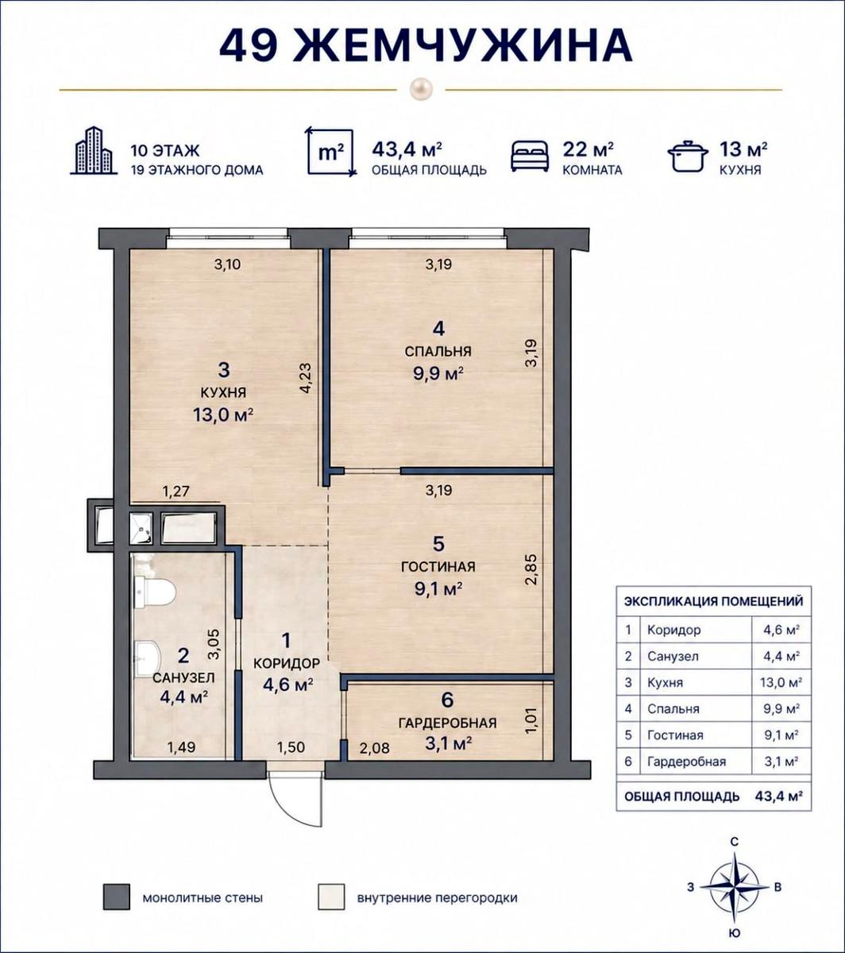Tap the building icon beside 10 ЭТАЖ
(x=94, y=151)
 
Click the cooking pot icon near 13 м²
(x=688, y=156)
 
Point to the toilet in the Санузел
(x=156, y=591)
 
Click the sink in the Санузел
(x=149, y=658)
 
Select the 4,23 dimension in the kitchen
(x=305, y=378)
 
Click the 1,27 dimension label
(x=176, y=492)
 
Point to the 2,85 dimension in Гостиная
(x=531, y=569)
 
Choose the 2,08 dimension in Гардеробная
(x=375, y=748)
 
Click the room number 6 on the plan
(x=447, y=700)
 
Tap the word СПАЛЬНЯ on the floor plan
(x=438, y=351)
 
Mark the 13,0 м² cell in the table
(x=781, y=682)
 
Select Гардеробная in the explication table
(x=686, y=761)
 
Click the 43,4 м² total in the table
(x=778, y=797)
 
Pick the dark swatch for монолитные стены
(x=116, y=897)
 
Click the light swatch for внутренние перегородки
(x=331, y=897)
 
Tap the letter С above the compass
(x=734, y=843)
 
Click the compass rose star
(x=734, y=887)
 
